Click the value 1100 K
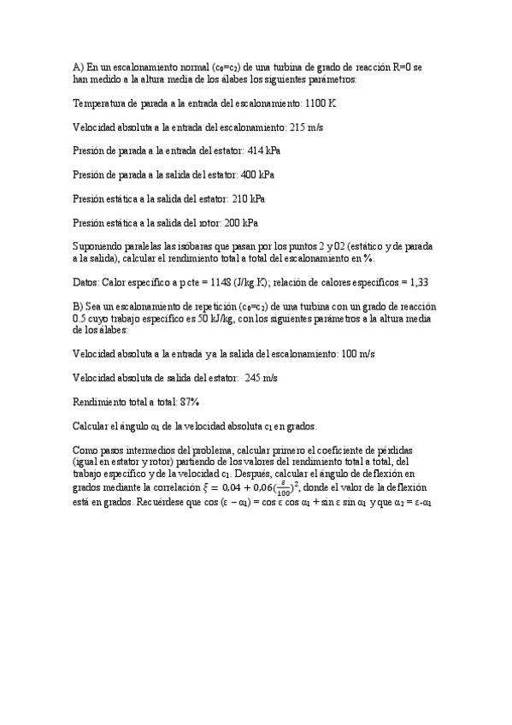click(x=321, y=103)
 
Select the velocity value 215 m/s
click(x=307, y=127)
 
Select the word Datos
click(x=86, y=281)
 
